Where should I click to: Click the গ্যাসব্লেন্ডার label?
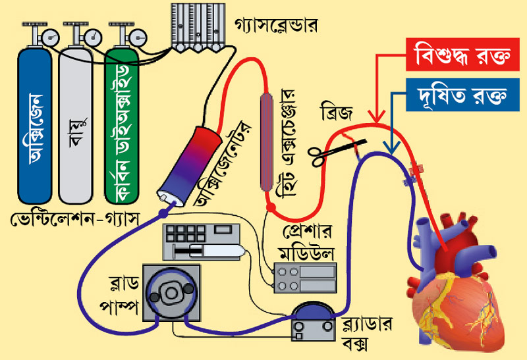click(x=276, y=26)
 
